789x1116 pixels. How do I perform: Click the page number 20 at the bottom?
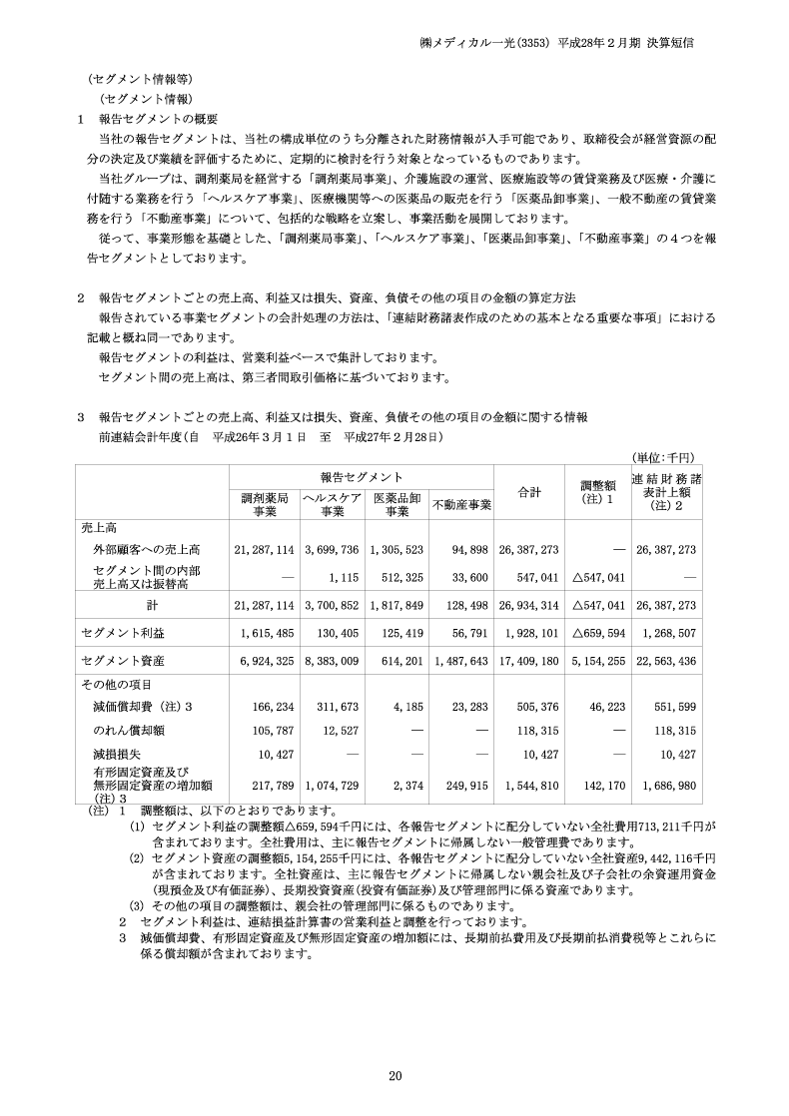pos(394,1075)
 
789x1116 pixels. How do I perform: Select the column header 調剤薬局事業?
pos(265,504)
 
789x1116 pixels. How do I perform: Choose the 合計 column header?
pos(529,491)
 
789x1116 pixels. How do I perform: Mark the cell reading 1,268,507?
pos(665,632)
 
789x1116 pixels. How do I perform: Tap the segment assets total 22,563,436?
pos(665,660)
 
